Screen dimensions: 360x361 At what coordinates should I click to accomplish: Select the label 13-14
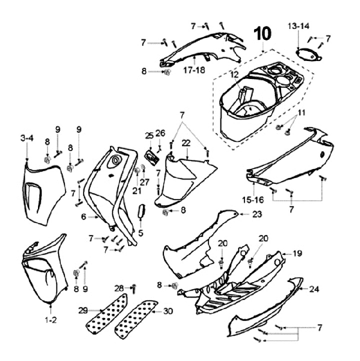click(298, 25)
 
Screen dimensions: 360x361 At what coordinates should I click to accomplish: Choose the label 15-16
click(252, 199)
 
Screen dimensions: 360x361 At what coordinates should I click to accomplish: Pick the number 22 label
click(186, 143)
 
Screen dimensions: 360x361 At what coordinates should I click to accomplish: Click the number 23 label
click(257, 214)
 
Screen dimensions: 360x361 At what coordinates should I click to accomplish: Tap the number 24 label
click(313, 288)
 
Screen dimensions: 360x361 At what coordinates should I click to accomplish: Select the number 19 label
click(297, 254)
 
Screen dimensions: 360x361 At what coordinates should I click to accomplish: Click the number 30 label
click(168, 310)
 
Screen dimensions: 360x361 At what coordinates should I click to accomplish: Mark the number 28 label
click(118, 287)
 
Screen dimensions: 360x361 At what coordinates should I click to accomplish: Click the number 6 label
click(84, 216)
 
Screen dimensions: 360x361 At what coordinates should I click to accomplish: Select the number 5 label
click(140, 232)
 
